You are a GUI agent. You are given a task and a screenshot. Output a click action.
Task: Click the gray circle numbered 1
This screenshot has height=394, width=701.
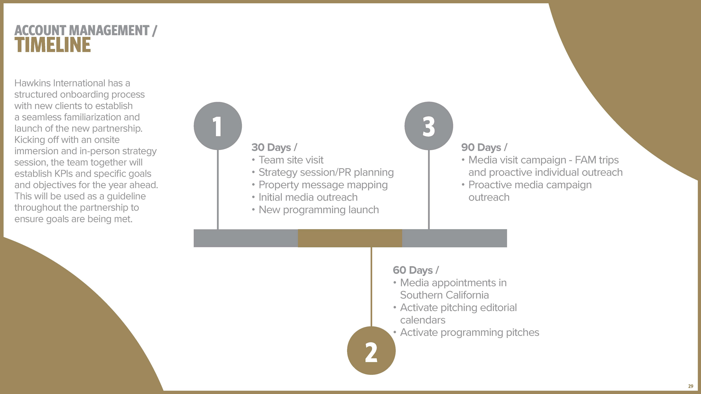coord(218,126)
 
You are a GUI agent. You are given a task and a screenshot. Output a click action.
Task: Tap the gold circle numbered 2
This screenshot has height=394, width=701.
coord(371,351)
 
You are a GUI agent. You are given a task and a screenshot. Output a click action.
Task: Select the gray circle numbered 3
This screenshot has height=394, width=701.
coord(429,126)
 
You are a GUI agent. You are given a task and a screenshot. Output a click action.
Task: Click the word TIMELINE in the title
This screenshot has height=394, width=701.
coord(53,45)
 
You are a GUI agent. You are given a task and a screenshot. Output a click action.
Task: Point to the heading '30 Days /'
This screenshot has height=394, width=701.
coord(274,147)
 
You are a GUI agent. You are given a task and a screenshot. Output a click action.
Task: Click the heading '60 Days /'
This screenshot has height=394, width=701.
coord(415,270)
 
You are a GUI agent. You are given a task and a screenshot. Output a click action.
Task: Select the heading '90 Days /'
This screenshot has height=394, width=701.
coord(484,147)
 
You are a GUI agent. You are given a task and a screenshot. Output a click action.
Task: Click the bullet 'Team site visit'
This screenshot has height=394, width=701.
coord(291,160)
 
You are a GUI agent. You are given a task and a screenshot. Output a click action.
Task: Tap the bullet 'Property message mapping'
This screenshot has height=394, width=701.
coord(323,185)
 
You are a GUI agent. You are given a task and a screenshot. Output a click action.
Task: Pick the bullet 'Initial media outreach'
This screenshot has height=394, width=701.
coord(308,197)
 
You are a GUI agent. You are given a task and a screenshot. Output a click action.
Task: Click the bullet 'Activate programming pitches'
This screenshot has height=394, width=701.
coord(469,333)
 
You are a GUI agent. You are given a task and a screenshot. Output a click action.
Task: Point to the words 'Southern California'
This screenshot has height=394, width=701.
coord(444,295)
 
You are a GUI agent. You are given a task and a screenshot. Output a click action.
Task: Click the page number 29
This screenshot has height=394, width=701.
coord(690,386)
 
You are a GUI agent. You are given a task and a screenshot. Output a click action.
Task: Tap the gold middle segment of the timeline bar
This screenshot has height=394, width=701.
coord(350,238)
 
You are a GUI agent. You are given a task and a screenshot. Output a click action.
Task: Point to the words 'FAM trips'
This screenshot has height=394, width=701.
coord(597,160)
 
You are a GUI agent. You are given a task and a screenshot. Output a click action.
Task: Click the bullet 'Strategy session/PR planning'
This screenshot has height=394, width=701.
coord(326,172)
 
